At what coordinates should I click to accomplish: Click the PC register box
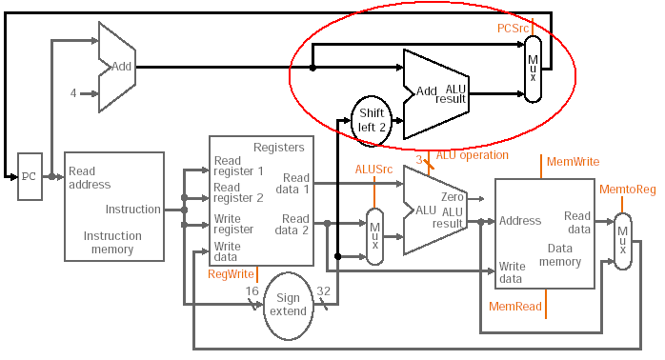(30, 176)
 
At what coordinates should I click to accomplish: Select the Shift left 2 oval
(372, 121)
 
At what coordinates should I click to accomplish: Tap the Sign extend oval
(288, 306)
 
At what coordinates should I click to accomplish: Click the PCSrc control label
(513, 29)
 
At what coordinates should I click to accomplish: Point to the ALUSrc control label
(373, 170)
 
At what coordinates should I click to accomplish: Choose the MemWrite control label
(573, 162)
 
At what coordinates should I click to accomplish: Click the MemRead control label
(514, 306)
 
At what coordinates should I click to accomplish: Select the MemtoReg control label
(627, 190)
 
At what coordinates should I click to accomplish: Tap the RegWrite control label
(231, 274)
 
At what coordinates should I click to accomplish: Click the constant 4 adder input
(73, 93)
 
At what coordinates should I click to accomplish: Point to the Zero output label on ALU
(453, 197)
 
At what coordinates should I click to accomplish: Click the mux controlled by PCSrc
(534, 69)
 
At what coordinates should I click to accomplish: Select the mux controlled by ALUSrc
(375, 236)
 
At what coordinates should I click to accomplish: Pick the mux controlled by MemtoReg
(622, 241)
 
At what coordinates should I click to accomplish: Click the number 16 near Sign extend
(252, 291)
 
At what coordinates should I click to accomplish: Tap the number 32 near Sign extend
(323, 291)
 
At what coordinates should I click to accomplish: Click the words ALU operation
(472, 155)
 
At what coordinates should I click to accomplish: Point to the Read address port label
(90, 178)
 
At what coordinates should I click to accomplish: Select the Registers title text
(278, 148)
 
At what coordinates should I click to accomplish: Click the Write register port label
(233, 225)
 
